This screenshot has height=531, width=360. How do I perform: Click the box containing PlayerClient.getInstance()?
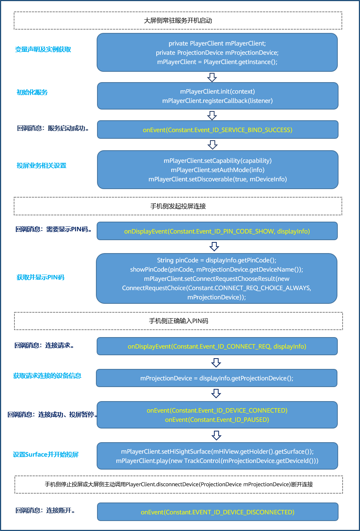217,53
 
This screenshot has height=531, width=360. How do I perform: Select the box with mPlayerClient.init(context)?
217,96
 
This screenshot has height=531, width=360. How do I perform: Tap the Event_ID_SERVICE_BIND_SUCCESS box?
217,130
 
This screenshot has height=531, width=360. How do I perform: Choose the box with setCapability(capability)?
217,170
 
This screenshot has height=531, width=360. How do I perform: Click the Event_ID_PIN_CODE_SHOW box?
217,231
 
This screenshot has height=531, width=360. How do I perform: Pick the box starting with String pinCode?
217,279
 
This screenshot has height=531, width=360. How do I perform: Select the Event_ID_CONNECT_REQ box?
217,346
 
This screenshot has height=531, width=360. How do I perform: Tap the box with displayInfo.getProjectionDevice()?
217,378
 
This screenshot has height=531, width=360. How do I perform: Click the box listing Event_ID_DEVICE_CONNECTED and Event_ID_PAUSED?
217,415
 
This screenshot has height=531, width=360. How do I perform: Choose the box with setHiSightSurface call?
217,456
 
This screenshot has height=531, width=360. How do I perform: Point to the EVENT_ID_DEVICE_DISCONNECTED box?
217,512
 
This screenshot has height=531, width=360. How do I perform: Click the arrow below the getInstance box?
212,77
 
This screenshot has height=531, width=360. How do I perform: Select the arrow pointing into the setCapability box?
213,144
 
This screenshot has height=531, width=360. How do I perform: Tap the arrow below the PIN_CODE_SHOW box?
214,246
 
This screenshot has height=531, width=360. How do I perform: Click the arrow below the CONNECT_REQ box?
216,362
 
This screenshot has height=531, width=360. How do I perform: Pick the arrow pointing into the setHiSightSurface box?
217,435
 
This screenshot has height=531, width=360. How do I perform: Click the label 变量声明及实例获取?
43,50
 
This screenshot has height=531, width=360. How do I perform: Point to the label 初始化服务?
32,93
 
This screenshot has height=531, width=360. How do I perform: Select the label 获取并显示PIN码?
41,278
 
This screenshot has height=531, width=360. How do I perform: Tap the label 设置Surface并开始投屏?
46,454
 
